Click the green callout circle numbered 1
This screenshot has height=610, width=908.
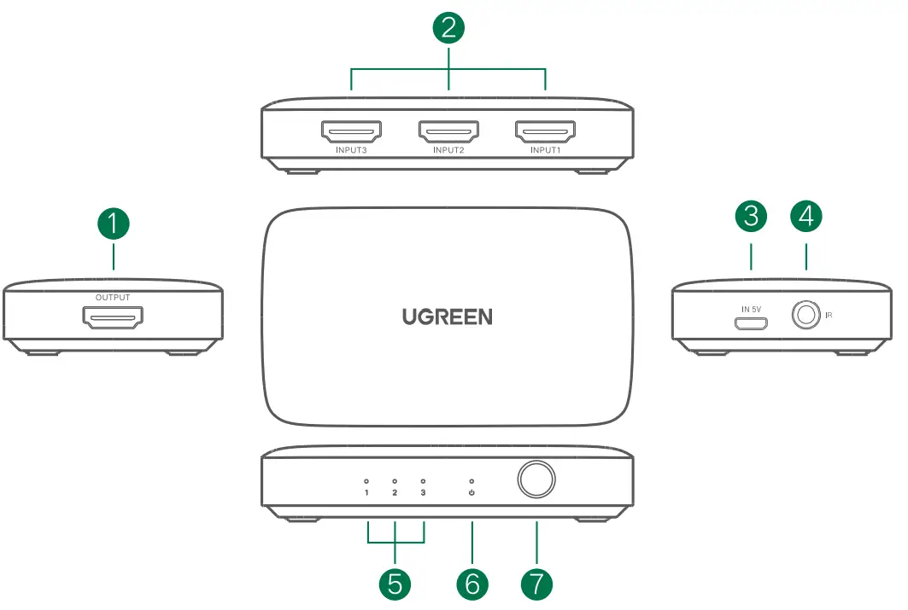[114, 224]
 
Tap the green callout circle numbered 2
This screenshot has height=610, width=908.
[448, 28]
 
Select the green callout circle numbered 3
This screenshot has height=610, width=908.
[751, 216]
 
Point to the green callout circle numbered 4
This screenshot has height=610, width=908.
[806, 216]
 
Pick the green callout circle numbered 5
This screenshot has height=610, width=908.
[395, 584]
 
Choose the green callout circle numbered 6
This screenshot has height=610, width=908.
[472, 584]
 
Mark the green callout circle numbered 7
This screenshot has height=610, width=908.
[536, 584]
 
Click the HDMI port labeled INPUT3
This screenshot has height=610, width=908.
[352, 132]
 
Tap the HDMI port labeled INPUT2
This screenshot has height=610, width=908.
[448, 132]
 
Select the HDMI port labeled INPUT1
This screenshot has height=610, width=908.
[546, 132]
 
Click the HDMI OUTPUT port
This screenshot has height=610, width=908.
[113, 317]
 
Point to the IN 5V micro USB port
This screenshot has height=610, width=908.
[751, 324]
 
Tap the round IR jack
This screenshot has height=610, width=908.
[806, 315]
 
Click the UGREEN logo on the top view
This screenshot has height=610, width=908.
[448, 317]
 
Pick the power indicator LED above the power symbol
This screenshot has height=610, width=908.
[472, 481]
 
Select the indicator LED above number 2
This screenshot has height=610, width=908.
[395, 481]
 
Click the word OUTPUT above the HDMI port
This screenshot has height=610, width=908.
[113, 297]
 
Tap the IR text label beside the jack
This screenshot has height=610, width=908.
[829, 315]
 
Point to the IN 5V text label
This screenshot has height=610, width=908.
[751, 310]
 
